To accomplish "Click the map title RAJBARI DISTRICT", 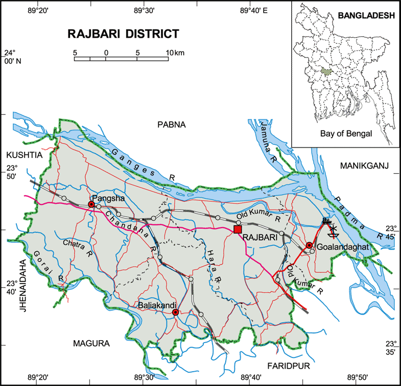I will pos(123,34).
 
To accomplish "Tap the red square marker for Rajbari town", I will pos(237,229).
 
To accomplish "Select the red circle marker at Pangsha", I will pos(91,204).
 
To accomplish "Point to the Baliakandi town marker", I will pos(175,312).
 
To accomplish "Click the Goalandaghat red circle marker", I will pos(309,245).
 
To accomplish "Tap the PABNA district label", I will pos(172,124).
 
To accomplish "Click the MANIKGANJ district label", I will pos(365,166).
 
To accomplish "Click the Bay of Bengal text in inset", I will pos(346,134).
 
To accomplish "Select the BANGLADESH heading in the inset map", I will pos(366,16).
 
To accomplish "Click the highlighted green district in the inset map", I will pos(327,73).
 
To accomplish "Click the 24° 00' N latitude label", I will pos(11,57).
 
